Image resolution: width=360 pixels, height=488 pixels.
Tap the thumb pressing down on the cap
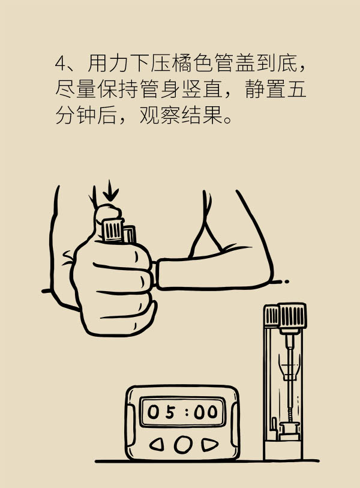point(107,214)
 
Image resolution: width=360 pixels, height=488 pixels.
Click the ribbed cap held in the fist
point(113,230)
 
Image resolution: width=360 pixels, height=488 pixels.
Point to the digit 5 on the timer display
point(170,412)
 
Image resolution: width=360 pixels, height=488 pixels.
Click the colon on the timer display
point(187,412)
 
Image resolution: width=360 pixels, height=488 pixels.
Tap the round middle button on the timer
point(182,444)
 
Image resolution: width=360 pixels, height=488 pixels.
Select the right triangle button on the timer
point(209,444)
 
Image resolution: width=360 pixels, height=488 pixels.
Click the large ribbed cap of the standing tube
point(292,316)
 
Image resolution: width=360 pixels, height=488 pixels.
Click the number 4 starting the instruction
point(60,64)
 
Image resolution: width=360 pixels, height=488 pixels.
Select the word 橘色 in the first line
point(182,64)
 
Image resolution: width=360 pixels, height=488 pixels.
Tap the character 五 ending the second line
point(296,89)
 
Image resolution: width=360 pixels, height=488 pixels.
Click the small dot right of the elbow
point(287,282)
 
